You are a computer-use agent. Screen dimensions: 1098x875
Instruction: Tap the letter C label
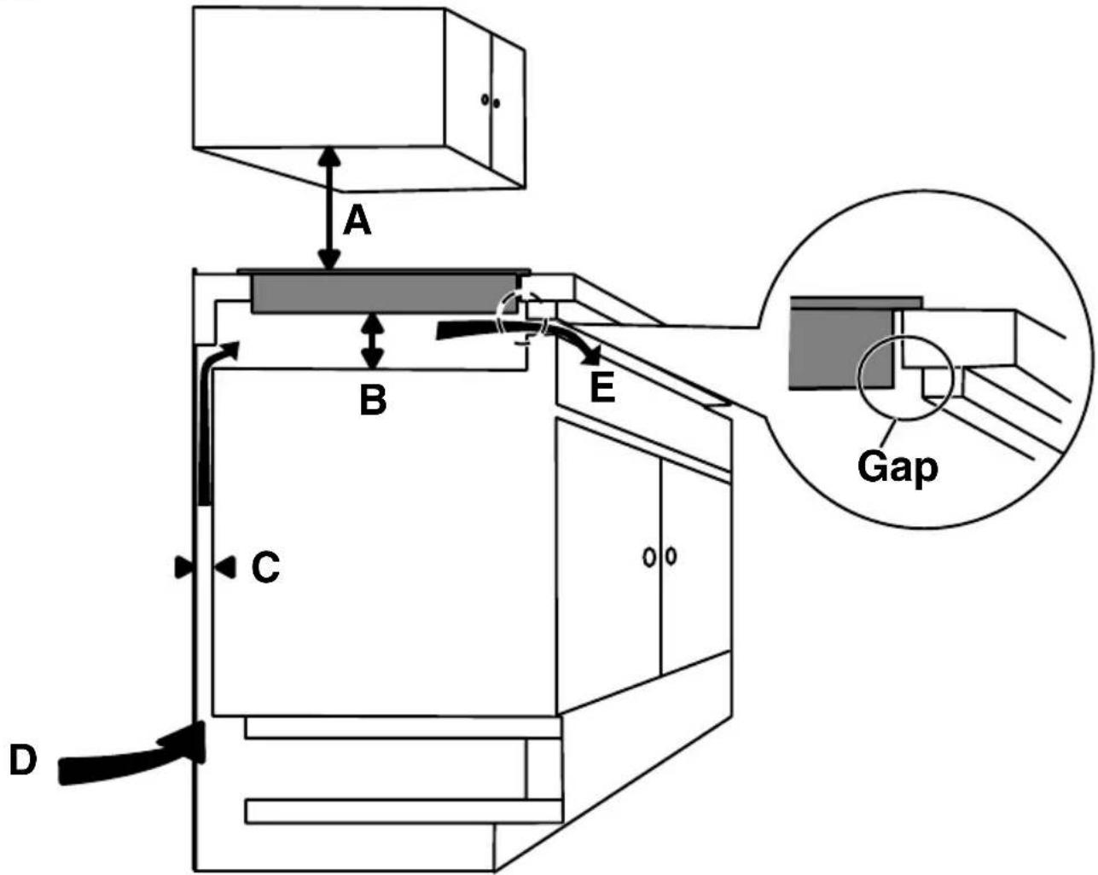point(265,567)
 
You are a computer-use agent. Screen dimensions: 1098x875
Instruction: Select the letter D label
point(24,760)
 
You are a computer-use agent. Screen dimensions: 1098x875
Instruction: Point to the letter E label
point(602,388)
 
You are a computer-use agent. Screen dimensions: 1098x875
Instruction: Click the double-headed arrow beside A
point(329,209)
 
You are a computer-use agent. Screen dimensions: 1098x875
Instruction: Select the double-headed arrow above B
point(373,341)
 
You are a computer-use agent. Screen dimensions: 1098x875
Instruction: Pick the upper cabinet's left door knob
point(485,100)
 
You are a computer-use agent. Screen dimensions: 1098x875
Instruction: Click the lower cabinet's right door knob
point(671,556)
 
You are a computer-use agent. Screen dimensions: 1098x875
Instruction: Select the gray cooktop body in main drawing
point(383,293)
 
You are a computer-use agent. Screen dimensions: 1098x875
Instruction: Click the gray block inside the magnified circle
point(840,349)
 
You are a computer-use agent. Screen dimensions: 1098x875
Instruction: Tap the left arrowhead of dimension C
point(183,567)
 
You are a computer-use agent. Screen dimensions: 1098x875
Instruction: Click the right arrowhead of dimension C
point(225,567)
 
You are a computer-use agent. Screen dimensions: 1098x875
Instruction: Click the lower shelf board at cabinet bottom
point(403,813)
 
